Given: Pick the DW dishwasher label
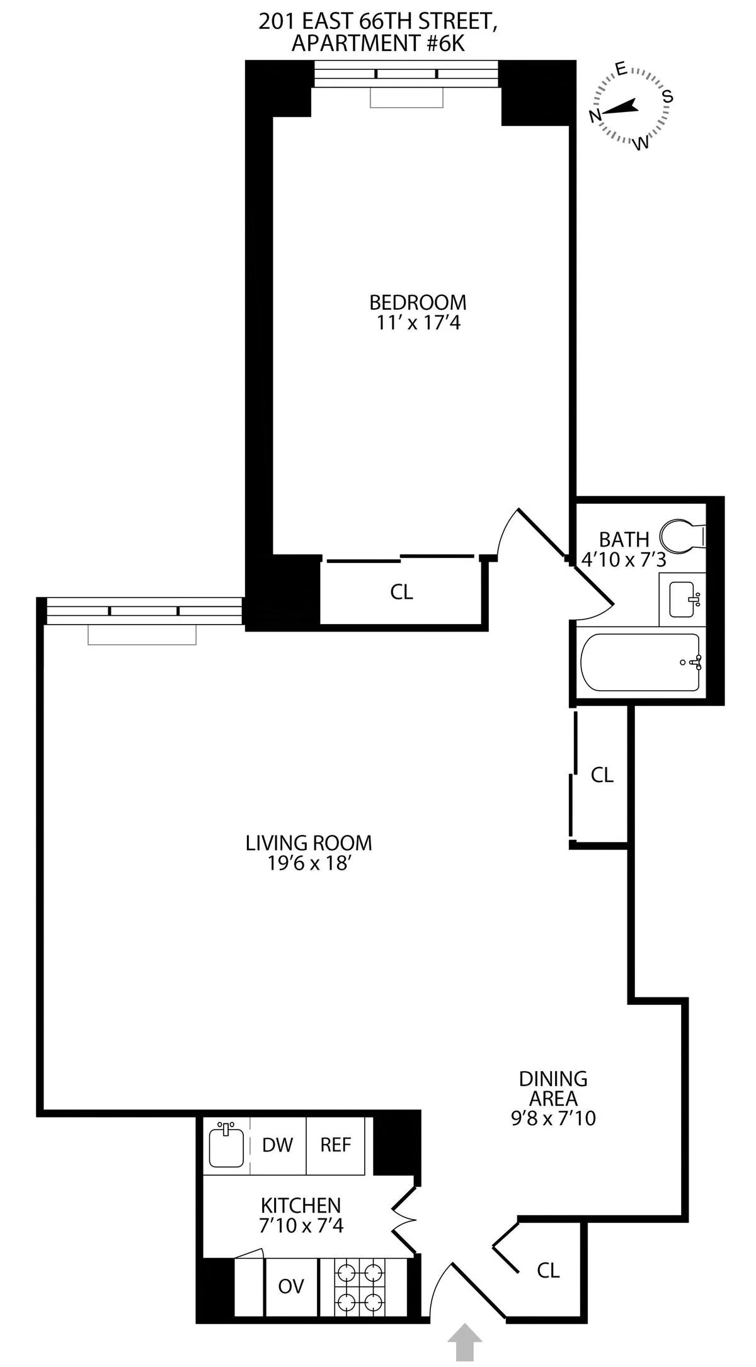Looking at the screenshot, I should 278,1144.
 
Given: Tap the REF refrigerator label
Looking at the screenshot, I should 335,1144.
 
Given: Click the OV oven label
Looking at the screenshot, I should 291,1286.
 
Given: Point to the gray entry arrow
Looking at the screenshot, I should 465,1341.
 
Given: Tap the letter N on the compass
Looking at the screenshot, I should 593,115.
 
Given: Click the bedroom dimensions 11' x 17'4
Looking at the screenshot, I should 418,323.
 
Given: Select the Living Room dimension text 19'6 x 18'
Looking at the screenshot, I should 309,863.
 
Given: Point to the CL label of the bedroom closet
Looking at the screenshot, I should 401,592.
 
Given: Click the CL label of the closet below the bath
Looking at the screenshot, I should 602,775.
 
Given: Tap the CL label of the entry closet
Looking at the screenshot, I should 548,1270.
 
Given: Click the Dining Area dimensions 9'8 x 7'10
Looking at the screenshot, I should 553,1118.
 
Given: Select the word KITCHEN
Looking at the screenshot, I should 301,1205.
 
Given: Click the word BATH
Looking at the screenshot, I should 624,540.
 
